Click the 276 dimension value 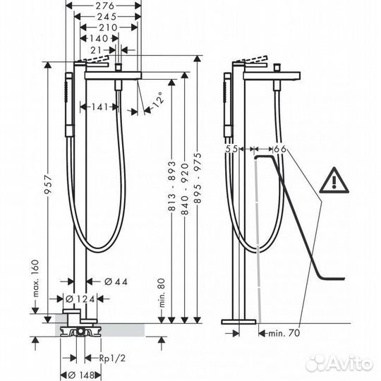(104, 6)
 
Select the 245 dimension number (107, 16)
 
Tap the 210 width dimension (108, 28)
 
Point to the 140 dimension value (99, 38)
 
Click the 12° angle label (158, 99)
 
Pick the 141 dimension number (99, 107)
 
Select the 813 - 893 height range (171, 186)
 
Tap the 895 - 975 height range (198, 178)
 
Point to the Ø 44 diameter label (116, 282)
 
